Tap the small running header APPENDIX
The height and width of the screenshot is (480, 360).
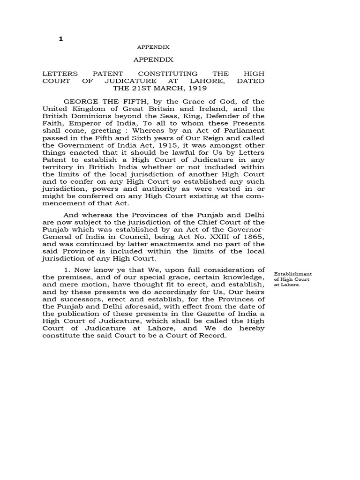tap(153, 47)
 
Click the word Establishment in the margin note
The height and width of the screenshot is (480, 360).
tap(293, 274)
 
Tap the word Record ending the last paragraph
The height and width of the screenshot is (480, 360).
tap(214, 335)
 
